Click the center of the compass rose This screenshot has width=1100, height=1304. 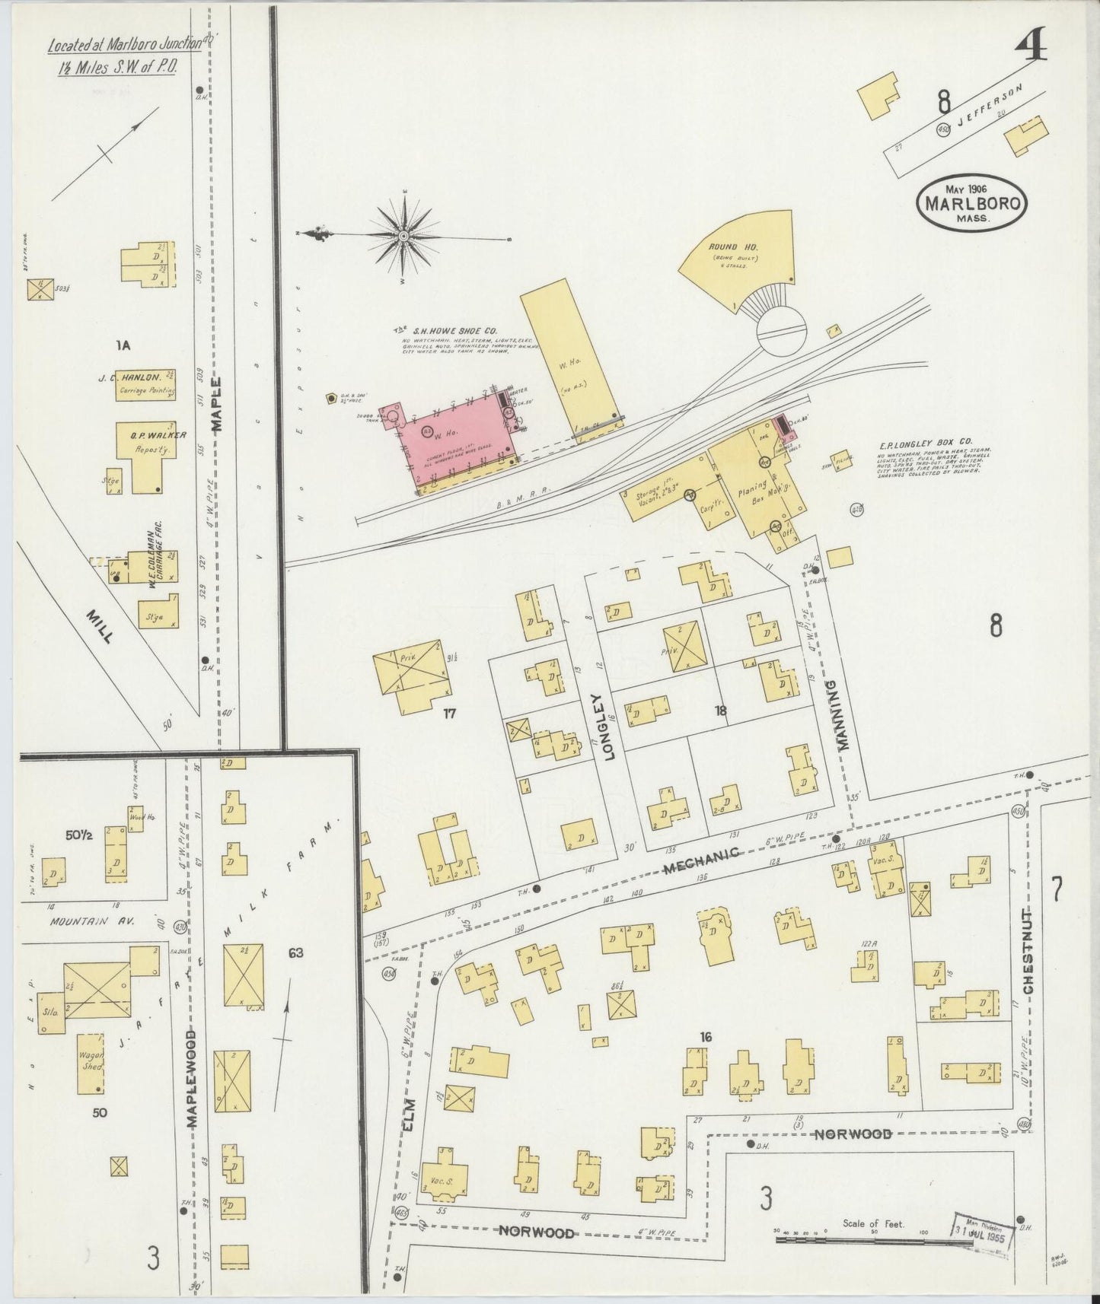tap(403, 237)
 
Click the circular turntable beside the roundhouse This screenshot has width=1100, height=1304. tap(783, 332)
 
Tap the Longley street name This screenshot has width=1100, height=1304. tap(597, 716)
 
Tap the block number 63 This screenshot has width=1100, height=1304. tap(296, 952)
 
